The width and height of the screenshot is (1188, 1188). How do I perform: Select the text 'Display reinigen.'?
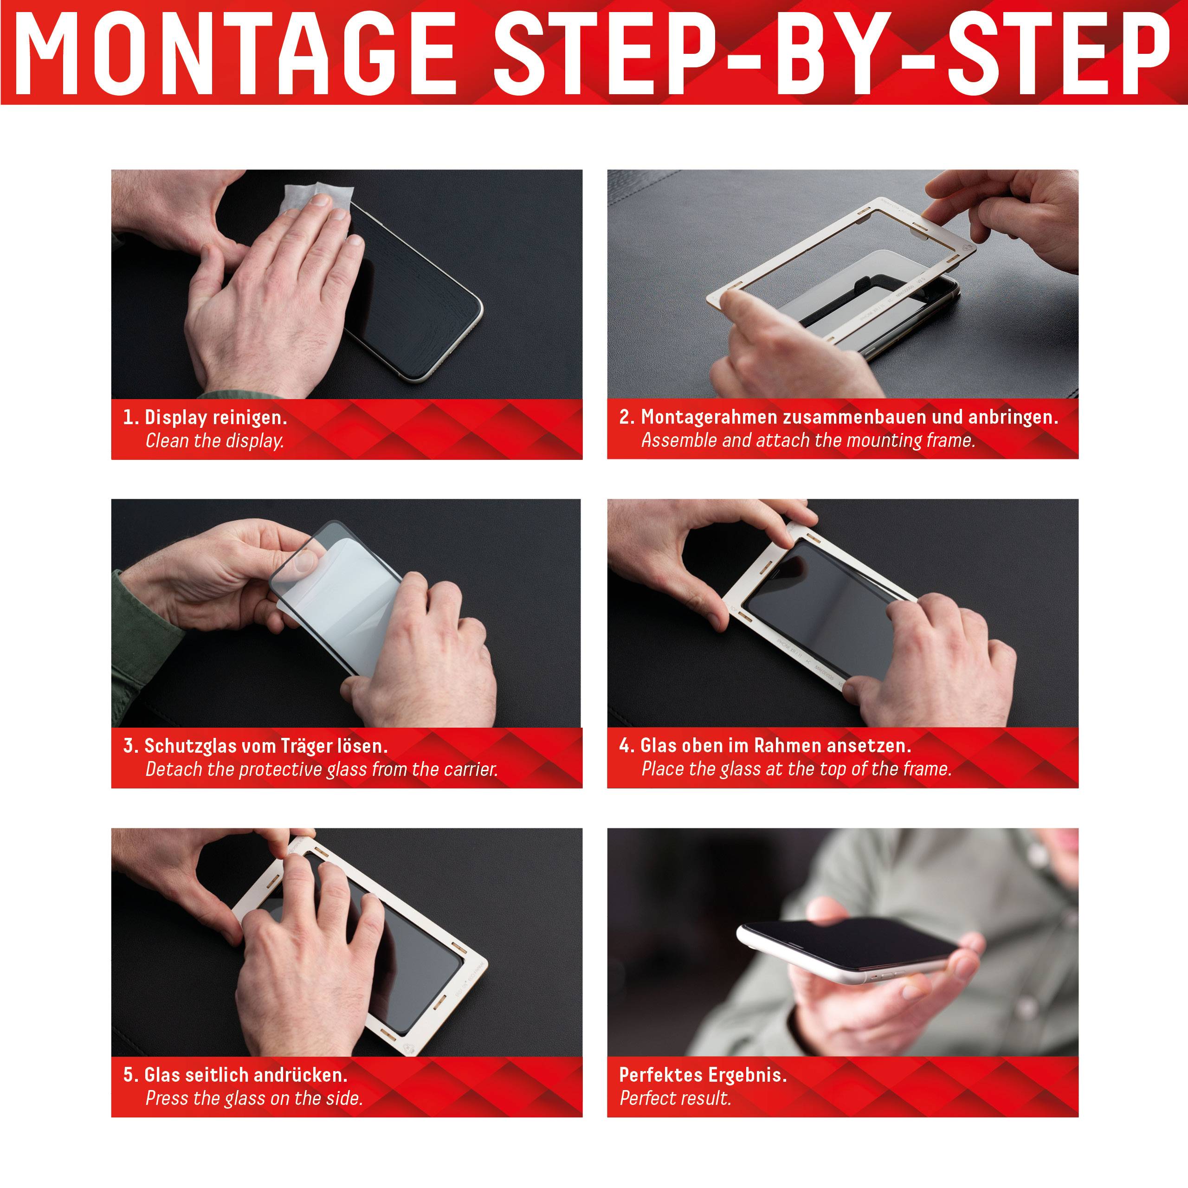(215, 418)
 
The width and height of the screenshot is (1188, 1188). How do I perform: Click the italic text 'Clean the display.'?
(214, 441)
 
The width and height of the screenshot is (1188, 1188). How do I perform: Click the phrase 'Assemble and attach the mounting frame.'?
(808, 440)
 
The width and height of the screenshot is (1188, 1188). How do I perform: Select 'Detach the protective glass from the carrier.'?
(321, 769)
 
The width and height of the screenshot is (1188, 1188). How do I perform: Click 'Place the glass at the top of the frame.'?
(796, 768)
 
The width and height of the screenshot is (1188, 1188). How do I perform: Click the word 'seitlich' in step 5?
(216, 1075)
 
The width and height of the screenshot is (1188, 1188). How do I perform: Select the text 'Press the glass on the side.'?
(253, 1098)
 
